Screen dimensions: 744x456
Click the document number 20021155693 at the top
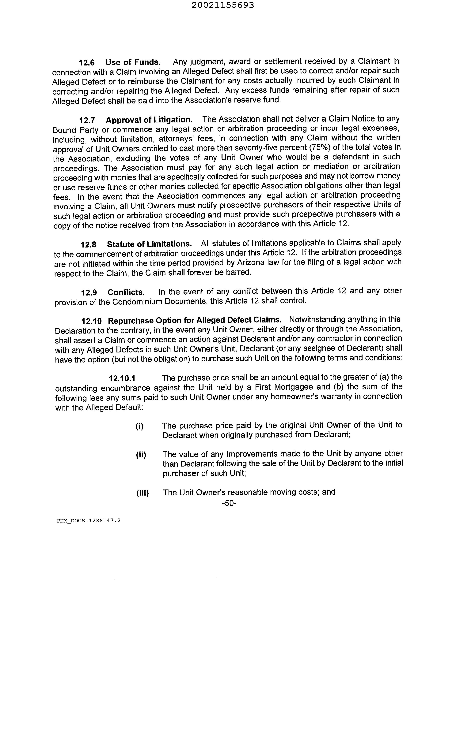coord(223,5)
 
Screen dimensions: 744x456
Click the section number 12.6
coord(86,63)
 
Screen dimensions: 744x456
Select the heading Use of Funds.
coord(133,62)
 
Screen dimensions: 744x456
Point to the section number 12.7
coord(87,121)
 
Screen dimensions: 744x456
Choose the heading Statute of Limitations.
coord(150,244)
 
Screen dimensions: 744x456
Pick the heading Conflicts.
coord(126,292)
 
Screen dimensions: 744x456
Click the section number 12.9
coord(89,293)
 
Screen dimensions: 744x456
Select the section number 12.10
coord(92,321)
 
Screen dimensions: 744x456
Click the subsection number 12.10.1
coord(122,378)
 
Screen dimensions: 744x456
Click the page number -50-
coord(229,503)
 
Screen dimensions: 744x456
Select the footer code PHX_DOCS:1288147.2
coord(89,521)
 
